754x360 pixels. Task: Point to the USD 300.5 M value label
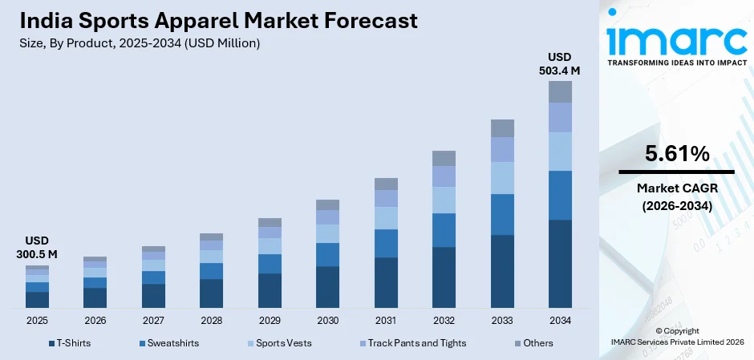(x=37, y=248)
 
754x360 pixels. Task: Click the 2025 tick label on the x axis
(x=37, y=320)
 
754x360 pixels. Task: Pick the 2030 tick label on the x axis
(x=327, y=320)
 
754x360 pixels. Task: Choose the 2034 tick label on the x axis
(x=560, y=320)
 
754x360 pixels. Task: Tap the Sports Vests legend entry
(x=283, y=343)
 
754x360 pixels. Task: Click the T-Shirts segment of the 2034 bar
(x=560, y=263)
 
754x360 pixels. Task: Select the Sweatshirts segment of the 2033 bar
(x=502, y=214)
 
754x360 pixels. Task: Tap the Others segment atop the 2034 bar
(x=560, y=91)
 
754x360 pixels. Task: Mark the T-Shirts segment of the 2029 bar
(x=270, y=290)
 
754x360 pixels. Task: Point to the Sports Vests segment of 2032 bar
(x=444, y=200)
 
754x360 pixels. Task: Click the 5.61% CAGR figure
(x=676, y=154)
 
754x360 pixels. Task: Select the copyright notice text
(x=676, y=336)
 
